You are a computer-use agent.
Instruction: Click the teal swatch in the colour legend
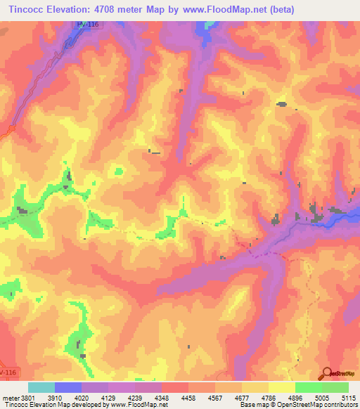(41, 387)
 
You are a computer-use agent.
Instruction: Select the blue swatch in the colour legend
(68, 387)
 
